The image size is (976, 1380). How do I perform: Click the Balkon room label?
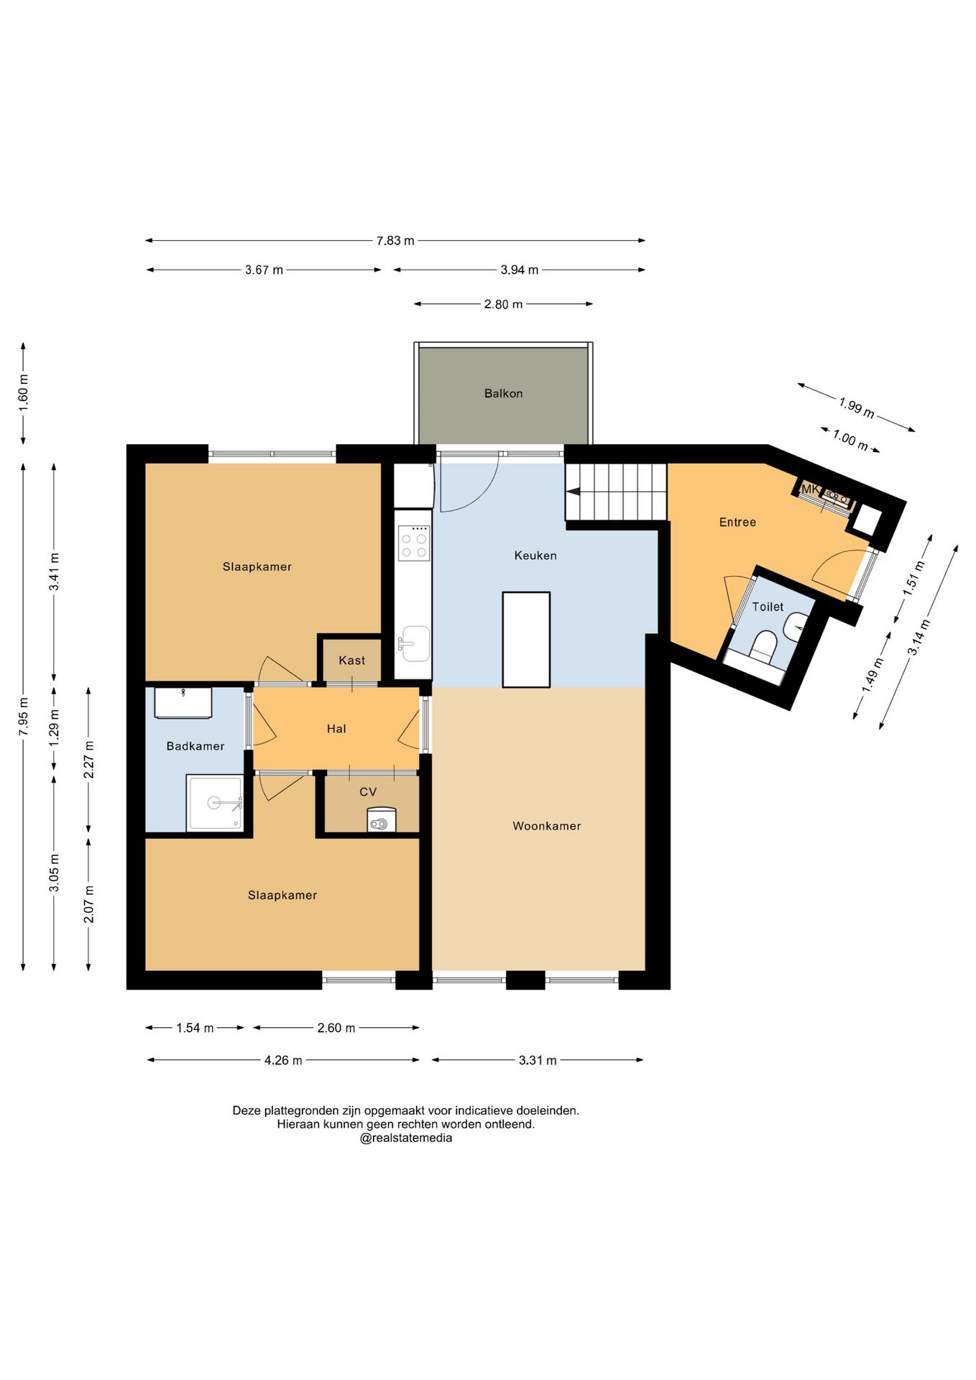click(503, 393)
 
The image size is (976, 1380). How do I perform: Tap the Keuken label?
click(535, 555)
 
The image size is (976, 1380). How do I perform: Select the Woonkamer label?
click(546, 826)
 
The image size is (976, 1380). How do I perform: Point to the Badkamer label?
click(195, 746)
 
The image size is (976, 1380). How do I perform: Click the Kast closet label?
click(352, 660)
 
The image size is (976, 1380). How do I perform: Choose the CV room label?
click(368, 791)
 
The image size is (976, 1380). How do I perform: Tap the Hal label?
click(336, 728)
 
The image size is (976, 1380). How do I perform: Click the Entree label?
click(737, 522)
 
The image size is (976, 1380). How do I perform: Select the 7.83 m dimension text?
click(395, 240)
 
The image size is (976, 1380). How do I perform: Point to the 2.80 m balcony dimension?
click(503, 304)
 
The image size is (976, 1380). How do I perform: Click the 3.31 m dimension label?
click(538, 1060)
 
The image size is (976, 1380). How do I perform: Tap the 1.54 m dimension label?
click(195, 1028)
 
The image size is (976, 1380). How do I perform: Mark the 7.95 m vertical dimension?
click(24, 716)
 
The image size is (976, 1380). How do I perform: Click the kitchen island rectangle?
click(526, 640)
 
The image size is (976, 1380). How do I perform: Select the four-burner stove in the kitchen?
click(414, 543)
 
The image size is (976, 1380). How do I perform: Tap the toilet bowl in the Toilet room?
click(762, 646)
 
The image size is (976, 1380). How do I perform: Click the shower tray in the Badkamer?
click(215, 803)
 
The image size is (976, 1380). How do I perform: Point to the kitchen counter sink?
click(415, 643)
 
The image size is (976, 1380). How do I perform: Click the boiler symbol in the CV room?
click(381, 820)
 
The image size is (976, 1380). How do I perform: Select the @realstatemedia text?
click(406, 1138)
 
